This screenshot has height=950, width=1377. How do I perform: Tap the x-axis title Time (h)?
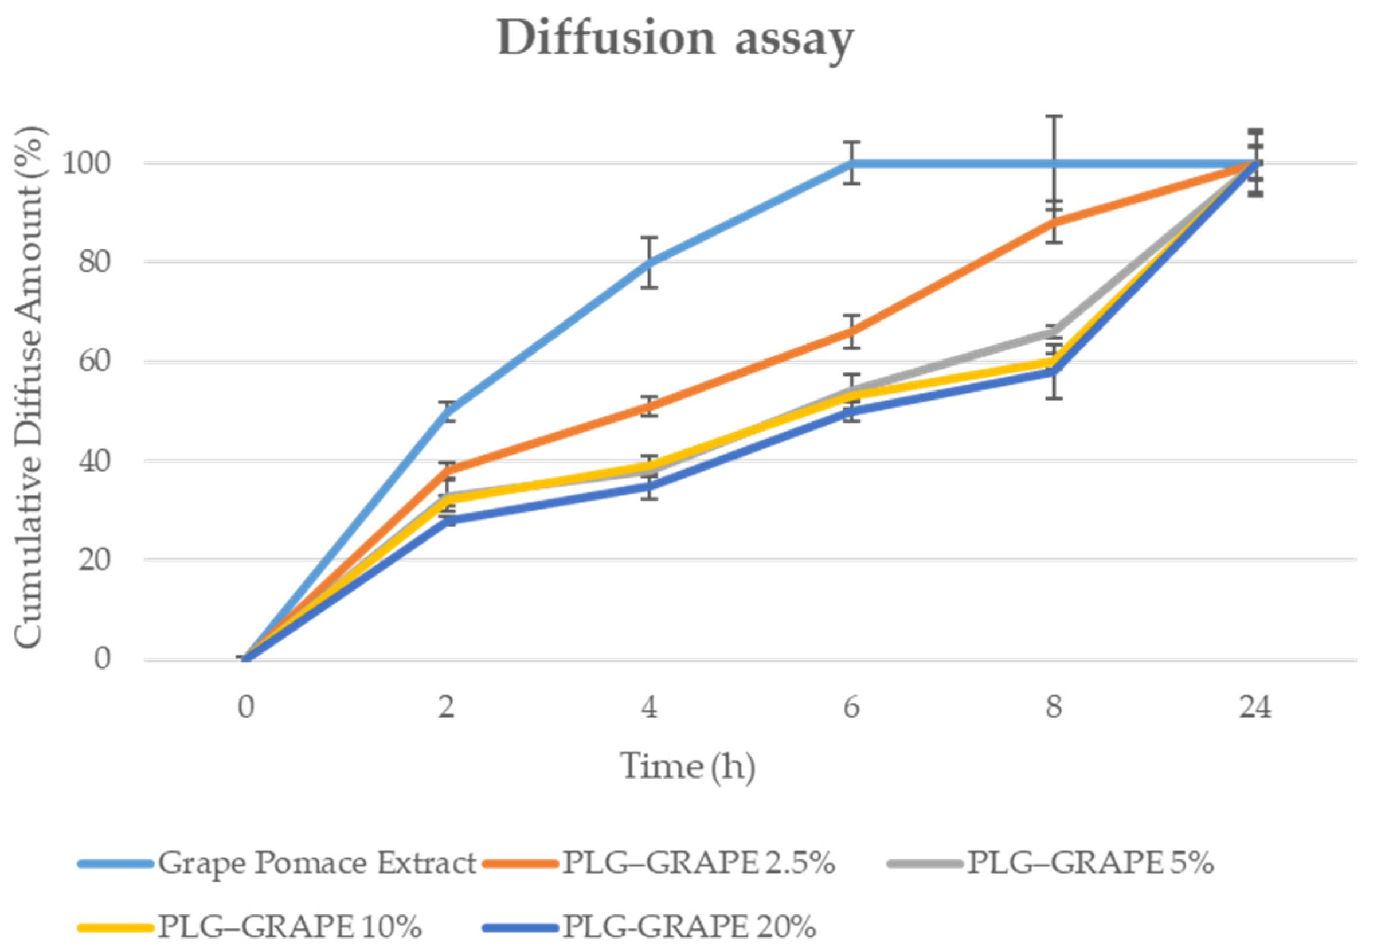coord(688,766)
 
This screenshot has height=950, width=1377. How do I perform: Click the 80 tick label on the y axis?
coord(95,261)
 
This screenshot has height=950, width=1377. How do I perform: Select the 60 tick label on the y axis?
coord(95,361)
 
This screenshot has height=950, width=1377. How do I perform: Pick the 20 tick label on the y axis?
coord(95,560)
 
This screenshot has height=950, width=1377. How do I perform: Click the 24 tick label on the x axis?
coord(1255,707)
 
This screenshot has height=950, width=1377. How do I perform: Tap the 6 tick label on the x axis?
coord(851,707)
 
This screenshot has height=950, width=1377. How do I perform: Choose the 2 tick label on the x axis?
coord(447,707)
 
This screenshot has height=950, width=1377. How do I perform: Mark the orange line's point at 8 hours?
coord(1054,222)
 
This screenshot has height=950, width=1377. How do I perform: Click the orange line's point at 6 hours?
coord(851,331)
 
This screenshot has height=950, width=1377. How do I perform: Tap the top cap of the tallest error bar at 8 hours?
coord(1054,116)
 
